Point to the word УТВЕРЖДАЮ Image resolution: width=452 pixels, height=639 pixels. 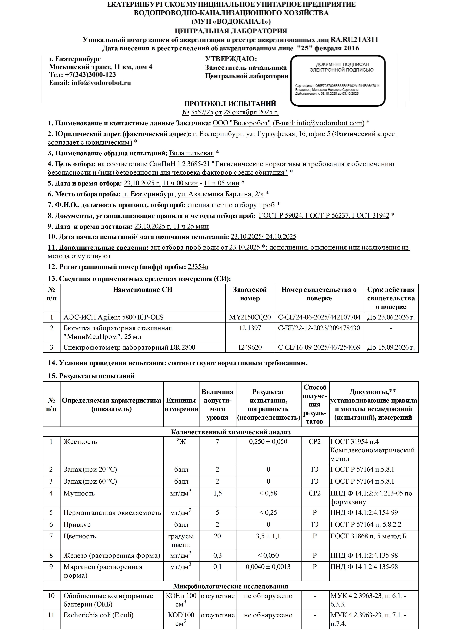231,59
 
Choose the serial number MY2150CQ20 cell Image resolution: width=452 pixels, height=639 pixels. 250,317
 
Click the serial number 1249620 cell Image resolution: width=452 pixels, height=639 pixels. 250,347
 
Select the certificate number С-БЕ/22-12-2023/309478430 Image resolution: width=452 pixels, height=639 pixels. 319,328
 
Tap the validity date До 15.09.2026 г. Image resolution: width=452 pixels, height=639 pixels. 391,347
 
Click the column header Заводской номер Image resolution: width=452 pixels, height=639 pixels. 250,294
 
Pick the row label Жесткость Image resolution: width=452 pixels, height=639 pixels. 80,442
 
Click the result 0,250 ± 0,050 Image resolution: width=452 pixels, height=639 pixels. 268,442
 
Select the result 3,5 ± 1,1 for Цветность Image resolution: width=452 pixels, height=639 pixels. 268,536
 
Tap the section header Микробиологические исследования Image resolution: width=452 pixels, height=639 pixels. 231,586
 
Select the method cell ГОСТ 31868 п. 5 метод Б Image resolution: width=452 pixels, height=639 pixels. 368,536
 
